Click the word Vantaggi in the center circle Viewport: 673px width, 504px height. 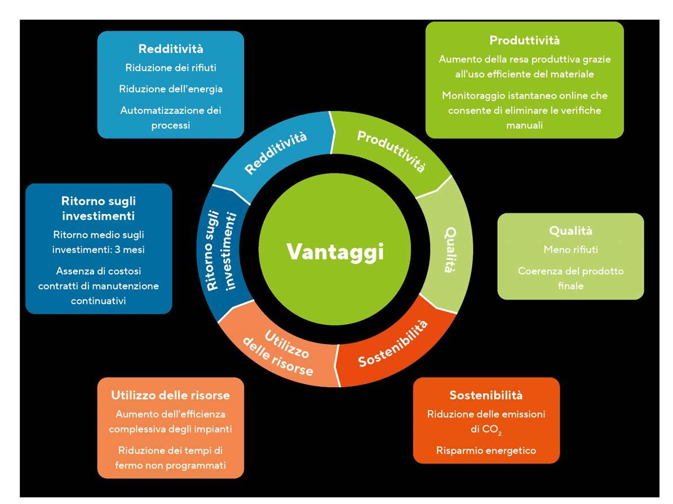coord(335,251)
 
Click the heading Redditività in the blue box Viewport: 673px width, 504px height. coord(170,49)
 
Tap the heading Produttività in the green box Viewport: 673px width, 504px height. coord(524,40)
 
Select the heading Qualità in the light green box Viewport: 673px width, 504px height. coord(570,231)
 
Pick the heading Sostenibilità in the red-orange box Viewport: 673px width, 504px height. coord(486,395)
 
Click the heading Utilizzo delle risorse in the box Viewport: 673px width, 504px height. coord(170,395)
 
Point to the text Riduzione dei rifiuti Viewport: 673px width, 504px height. coord(170,68)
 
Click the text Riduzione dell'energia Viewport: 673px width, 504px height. coord(170,89)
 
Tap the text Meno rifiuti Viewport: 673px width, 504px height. coord(570,249)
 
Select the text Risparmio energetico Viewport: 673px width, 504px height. coord(486,450)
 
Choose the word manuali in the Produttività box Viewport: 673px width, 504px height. coord(524,125)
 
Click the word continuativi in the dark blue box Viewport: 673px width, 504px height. coord(98,301)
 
